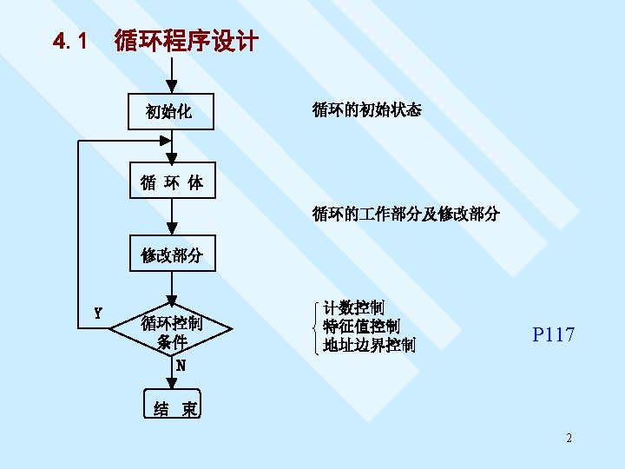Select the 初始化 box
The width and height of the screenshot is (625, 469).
point(170,111)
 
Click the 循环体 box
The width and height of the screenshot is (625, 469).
point(171,182)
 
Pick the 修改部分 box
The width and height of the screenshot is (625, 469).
point(172,254)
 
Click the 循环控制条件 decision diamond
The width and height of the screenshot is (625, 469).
point(172,331)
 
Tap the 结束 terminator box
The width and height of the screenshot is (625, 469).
point(172,407)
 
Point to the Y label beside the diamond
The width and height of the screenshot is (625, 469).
point(98,313)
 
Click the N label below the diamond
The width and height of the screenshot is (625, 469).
point(180,366)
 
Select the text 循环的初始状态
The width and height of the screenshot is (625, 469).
point(366,110)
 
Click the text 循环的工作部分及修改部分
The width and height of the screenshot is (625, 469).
point(405,214)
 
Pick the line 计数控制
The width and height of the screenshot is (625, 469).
point(353,307)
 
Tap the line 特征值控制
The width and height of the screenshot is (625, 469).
point(361,327)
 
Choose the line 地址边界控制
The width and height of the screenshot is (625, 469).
point(369,346)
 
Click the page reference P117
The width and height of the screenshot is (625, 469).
point(554,334)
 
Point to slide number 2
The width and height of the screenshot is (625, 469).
point(569,438)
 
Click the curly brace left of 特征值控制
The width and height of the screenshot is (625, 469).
point(313,327)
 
